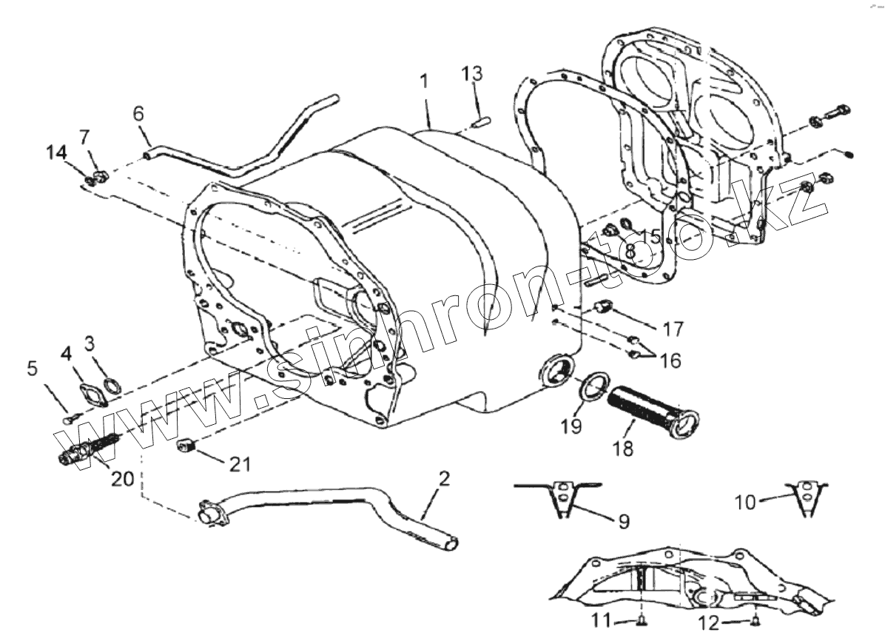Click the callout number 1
click(x=424, y=81)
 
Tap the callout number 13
click(x=472, y=73)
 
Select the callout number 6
click(x=138, y=114)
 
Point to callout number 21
click(x=240, y=464)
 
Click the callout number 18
click(x=623, y=449)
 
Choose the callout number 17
click(x=674, y=329)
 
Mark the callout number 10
click(x=746, y=503)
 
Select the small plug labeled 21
click(x=186, y=446)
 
